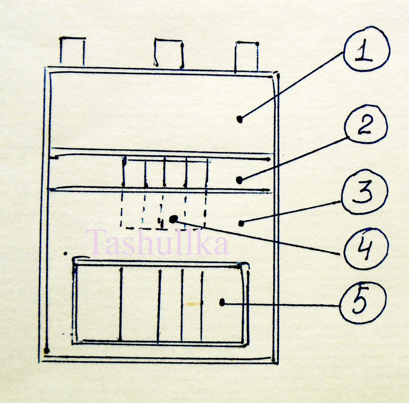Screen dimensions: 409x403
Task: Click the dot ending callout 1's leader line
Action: pyautogui.click(x=240, y=119)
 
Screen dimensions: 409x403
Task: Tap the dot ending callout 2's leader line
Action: pyautogui.click(x=239, y=180)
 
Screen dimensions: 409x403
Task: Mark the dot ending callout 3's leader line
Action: pyautogui.click(x=241, y=224)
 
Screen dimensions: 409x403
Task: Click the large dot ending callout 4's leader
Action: pyautogui.click(x=174, y=219)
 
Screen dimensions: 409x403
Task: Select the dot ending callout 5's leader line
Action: pyautogui.click(x=222, y=303)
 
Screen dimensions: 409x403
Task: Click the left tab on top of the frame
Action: pyautogui.click(x=72, y=51)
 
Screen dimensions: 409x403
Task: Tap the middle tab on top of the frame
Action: pyautogui.click(x=169, y=53)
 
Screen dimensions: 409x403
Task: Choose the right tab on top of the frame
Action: pyautogui.click(x=247, y=57)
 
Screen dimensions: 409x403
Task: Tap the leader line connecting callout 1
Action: pyautogui.click(x=291, y=85)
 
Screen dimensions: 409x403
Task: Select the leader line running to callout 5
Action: pyautogui.click(x=281, y=304)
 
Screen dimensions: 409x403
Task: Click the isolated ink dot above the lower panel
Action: pyautogui.click(x=66, y=253)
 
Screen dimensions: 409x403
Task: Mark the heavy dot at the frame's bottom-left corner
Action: pyautogui.click(x=47, y=350)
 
